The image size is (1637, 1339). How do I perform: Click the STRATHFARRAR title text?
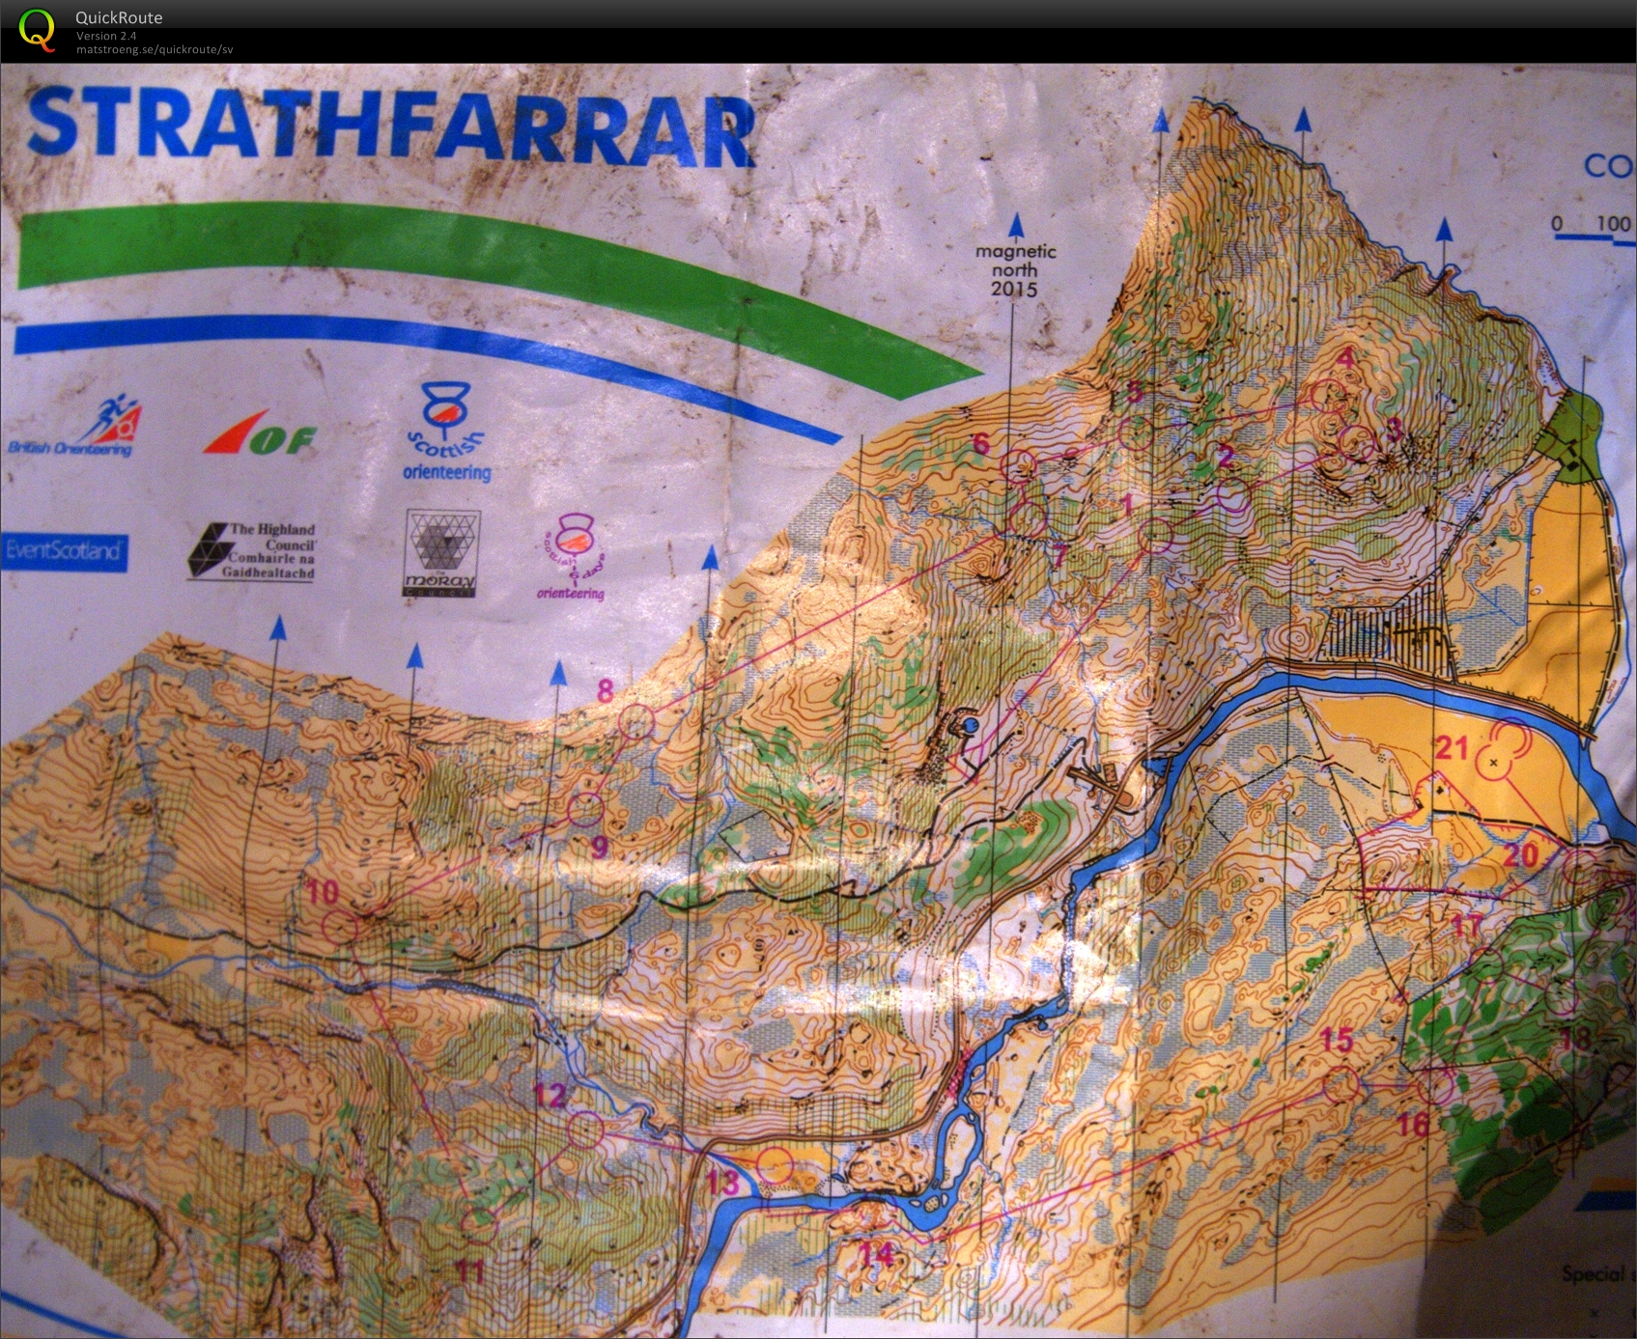tap(391, 126)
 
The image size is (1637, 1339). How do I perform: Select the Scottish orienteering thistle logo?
tap(446, 432)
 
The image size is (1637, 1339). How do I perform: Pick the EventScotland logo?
tap(64, 550)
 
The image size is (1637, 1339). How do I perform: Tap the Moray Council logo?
tap(442, 553)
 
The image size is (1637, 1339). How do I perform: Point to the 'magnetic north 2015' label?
tap(1015, 270)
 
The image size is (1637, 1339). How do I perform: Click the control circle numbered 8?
tap(635, 722)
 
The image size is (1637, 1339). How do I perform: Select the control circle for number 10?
tap(339, 928)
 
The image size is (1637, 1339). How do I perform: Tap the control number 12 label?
tap(550, 1095)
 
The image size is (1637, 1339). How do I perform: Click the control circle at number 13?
tap(774, 1165)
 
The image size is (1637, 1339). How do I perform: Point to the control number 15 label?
tap(1337, 1040)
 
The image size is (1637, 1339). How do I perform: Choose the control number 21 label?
tap(1452, 748)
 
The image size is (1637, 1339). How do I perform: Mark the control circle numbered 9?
tap(584, 809)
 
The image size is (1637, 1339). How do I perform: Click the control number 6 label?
tap(981, 443)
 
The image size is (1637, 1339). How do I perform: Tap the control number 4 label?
tap(1344, 358)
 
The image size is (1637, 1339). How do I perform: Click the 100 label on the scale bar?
tap(1612, 224)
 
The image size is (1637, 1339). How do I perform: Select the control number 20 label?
tap(1520, 854)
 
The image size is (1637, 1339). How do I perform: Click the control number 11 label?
tap(470, 1271)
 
